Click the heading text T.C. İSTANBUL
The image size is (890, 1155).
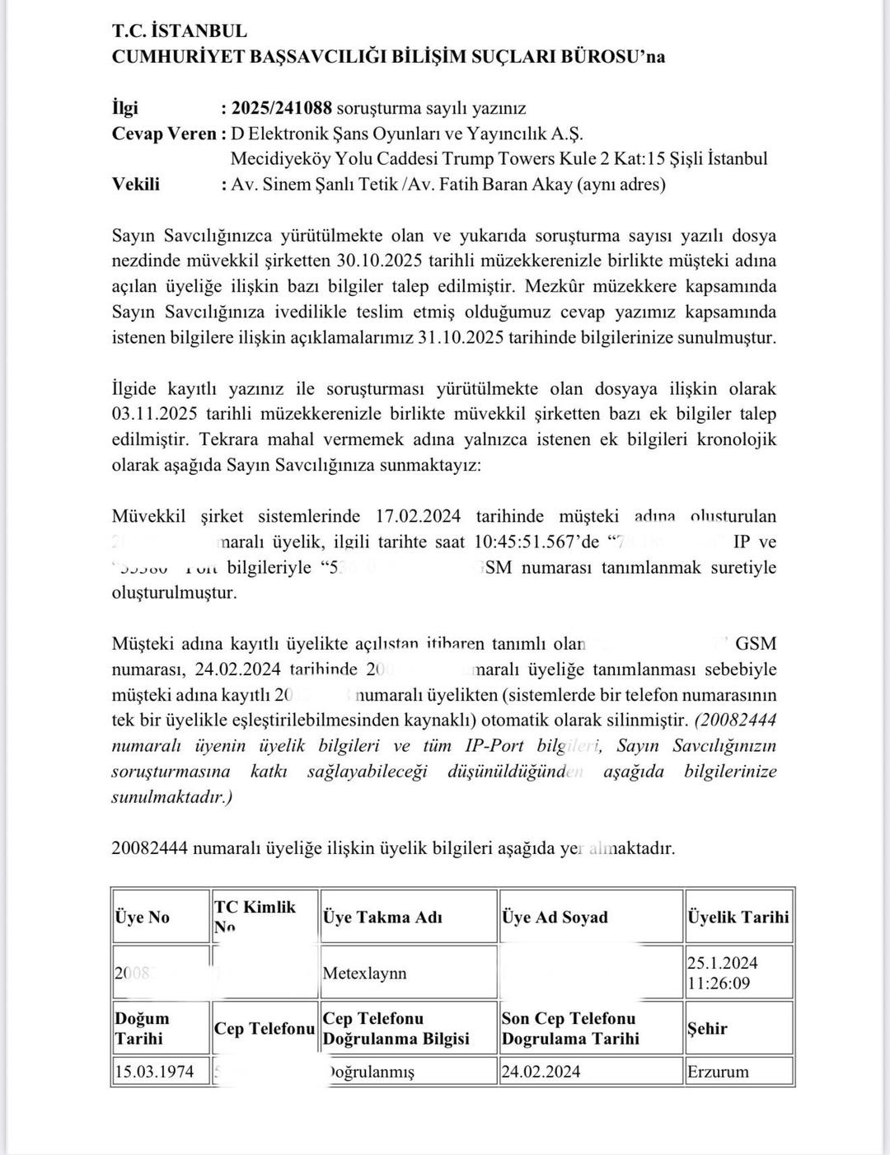click(x=179, y=31)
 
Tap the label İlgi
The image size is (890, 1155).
click(x=125, y=108)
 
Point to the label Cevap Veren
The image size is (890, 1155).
click(x=164, y=134)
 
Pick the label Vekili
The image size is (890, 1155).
click(x=136, y=184)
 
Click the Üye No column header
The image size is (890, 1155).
click(x=142, y=917)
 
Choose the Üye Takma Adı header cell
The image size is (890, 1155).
click(x=382, y=917)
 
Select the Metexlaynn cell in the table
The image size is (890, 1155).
click(x=364, y=973)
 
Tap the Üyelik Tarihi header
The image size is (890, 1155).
click(x=738, y=917)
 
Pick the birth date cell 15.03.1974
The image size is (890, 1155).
click(x=155, y=1071)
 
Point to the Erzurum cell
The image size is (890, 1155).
click(x=718, y=1071)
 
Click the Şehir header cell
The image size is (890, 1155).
click(x=708, y=1028)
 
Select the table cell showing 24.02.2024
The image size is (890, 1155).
click(x=541, y=1071)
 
